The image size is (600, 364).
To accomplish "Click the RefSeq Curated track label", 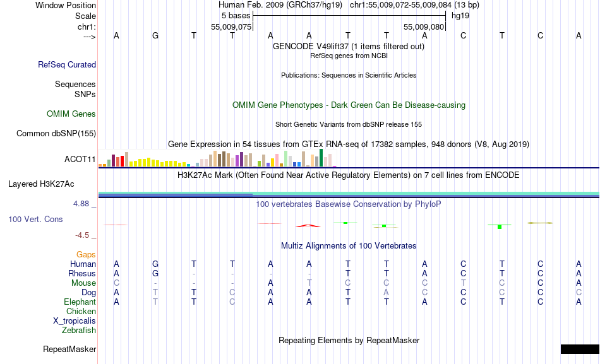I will (67, 64).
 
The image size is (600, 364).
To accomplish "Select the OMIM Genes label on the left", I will (71, 114).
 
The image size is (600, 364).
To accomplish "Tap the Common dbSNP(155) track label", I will (56, 133).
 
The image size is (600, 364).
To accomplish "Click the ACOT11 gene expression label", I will (80, 159).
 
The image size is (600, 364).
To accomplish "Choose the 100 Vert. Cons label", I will (35, 219).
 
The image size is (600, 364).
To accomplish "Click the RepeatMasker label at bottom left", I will (69, 349).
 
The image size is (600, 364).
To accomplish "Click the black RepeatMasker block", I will (579, 349).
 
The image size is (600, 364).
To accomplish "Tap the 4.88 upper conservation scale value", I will (82, 204).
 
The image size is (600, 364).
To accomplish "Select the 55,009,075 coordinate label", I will (232, 27).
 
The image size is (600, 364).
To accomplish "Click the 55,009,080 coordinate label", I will (424, 27).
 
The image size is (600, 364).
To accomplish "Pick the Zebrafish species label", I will (79, 330).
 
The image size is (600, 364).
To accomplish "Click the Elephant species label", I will (80, 302).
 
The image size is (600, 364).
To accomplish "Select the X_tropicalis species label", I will (75, 320).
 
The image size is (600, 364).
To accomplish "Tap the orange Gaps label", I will (86, 254).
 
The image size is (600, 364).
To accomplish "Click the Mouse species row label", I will (83, 283).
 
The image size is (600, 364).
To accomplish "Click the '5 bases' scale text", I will (236, 15).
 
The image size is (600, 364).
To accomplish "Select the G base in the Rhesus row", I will (155, 273).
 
